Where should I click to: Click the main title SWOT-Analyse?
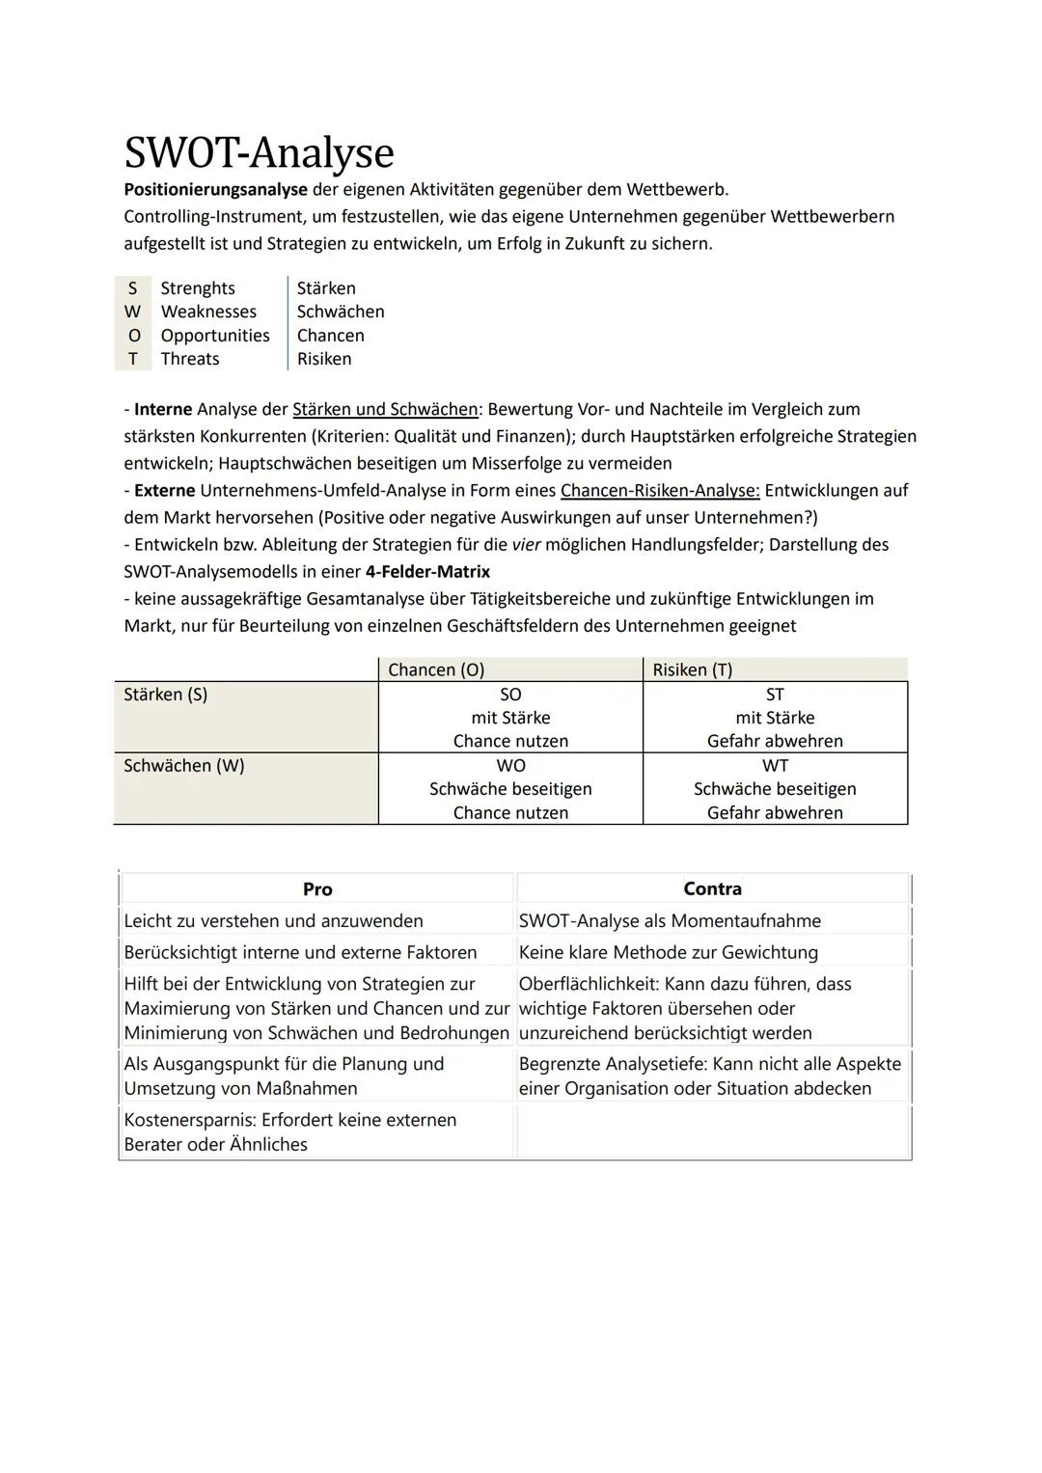point(259,153)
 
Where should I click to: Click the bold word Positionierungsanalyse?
point(215,189)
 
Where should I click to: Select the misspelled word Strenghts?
point(198,288)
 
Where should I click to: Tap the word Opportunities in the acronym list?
point(215,336)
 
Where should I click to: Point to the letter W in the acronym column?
point(132,312)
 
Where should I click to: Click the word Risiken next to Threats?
point(324,359)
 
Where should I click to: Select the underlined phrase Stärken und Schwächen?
point(385,409)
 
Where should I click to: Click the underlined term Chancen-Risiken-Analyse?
point(660,490)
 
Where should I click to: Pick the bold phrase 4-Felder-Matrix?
point(427,571)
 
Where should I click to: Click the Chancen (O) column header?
point(436,669)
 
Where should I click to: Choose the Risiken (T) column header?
point(692,669)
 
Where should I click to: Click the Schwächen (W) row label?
point(184,766)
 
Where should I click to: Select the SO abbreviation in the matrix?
point(510,695)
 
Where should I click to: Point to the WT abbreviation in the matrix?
point(775,766)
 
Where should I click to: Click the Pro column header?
point(317,889)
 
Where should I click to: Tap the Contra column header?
point(712,888)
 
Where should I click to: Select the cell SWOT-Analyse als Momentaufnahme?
point(670,921)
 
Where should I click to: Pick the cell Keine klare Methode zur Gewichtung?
point(668,952)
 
